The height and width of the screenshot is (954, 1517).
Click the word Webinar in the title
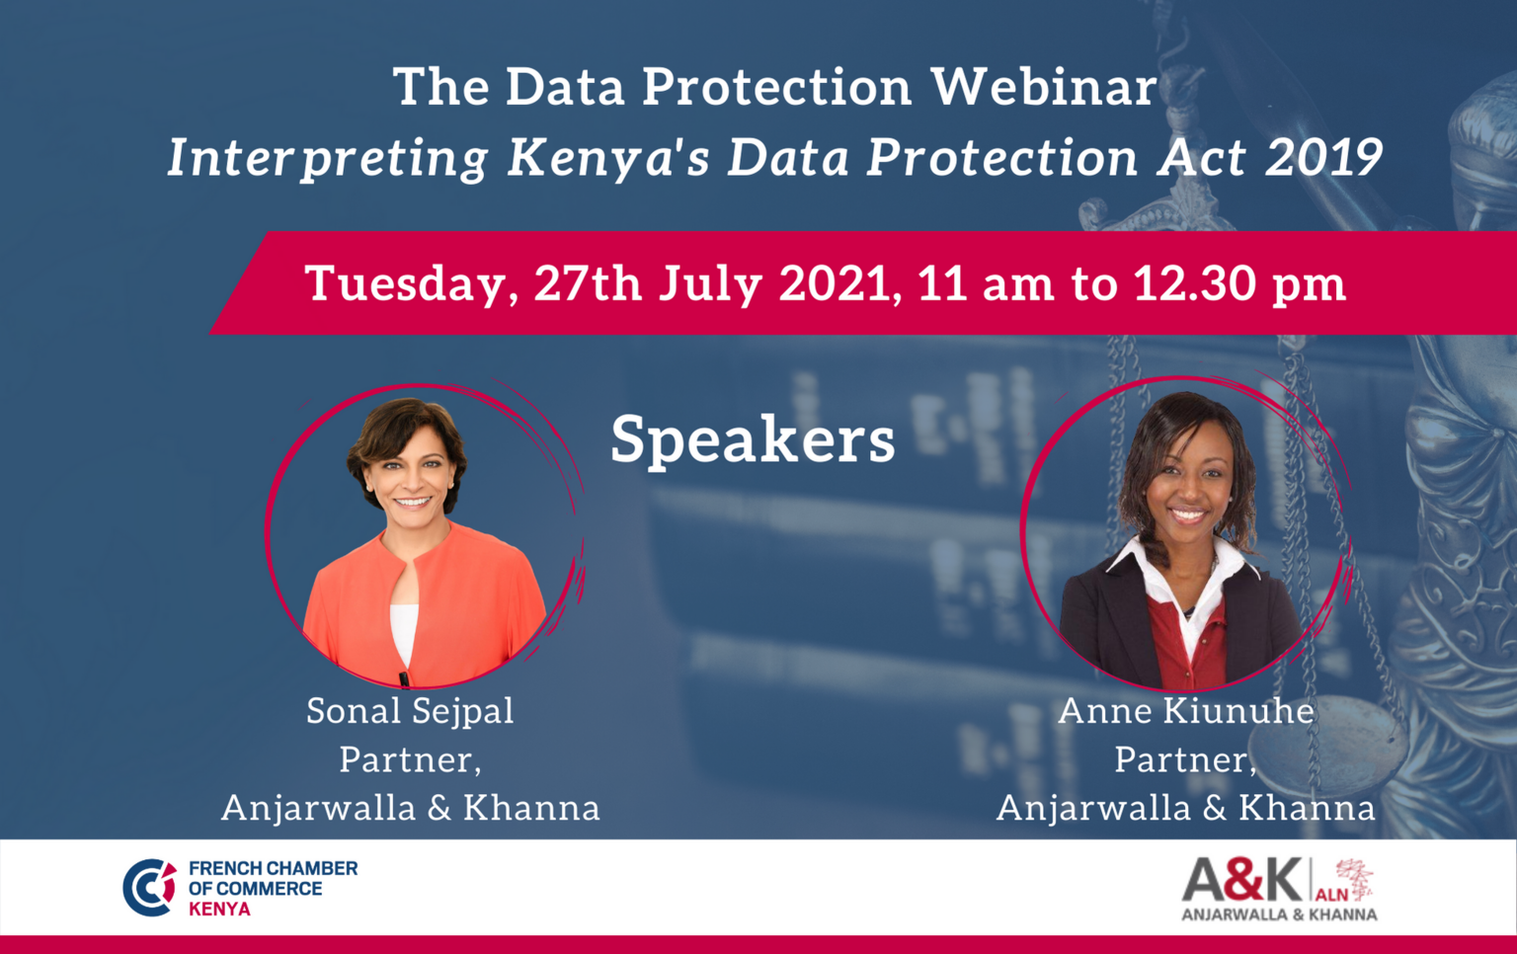(1044, 87)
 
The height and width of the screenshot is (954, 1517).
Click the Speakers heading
(754, 440)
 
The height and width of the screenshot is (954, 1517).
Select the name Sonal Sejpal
(411, 712)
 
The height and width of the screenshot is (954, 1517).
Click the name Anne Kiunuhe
(1186, 711)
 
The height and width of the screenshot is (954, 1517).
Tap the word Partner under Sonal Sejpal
(411, 759)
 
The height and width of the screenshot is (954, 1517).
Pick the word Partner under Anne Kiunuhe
(1186, 759)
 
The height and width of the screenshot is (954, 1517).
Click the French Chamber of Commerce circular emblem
(150, 888)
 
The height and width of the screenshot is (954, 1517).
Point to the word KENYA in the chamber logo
(219, 909)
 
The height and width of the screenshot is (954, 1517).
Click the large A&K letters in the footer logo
(1242, 880)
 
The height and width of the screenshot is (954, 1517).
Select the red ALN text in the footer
(1331, 895)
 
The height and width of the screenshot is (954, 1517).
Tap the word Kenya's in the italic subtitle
(608, 158)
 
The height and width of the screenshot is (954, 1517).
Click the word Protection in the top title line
(777, 87)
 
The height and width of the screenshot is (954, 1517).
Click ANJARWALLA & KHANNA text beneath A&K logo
(1279, 914)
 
